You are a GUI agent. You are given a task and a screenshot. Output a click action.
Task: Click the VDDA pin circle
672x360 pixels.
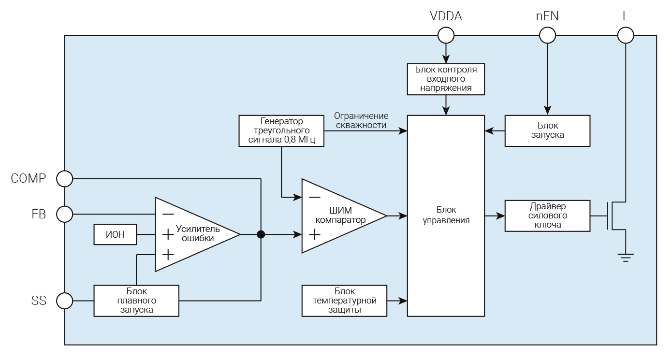(446, 35)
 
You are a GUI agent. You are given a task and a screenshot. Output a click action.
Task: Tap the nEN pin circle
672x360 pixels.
(547, 35)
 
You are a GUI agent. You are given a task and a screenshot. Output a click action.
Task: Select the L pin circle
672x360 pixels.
(626, 35)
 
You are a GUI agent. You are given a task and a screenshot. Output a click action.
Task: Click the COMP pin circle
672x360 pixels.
(64, 179)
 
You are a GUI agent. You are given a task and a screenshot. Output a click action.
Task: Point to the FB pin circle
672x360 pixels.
(64, 214)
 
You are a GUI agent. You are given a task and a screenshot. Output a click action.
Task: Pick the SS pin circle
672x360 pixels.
(64, 301)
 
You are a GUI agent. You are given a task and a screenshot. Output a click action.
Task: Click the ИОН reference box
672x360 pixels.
(115, 235)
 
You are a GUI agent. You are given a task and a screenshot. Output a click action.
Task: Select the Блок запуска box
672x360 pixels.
(547, 130)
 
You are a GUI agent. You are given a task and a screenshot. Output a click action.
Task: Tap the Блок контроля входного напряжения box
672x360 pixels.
(446, 79)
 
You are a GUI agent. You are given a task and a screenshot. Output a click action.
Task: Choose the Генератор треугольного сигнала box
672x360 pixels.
(281, 130)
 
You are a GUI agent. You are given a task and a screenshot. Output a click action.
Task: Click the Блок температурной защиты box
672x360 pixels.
(344, 301)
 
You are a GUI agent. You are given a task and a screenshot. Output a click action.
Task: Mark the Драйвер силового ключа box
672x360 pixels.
(547, 216)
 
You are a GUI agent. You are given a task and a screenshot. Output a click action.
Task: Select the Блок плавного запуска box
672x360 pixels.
(136, 301)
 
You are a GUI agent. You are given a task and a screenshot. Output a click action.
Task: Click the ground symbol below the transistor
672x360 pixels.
(626, 257)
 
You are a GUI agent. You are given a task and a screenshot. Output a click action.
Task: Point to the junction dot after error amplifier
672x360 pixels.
(261, 235)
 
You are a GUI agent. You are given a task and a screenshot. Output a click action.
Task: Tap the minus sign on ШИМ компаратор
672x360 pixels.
(314, 197)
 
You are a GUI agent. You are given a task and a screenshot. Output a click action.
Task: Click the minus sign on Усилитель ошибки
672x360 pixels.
(168, 214)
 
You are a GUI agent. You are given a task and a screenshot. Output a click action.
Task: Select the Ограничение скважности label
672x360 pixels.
(361, 121)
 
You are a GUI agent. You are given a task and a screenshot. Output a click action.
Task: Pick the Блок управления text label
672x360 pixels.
(446, 216)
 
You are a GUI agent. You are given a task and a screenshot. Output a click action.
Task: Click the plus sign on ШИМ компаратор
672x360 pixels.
(314, 235)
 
